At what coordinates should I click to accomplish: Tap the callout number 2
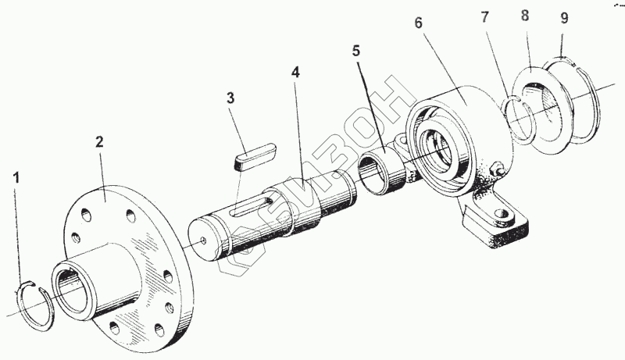(x=99, y=141)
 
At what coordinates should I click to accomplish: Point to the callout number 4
(x=295, y=72)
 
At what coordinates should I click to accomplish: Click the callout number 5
(x=356, y=52)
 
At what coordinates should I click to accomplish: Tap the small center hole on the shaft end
(x=202, y=241)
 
